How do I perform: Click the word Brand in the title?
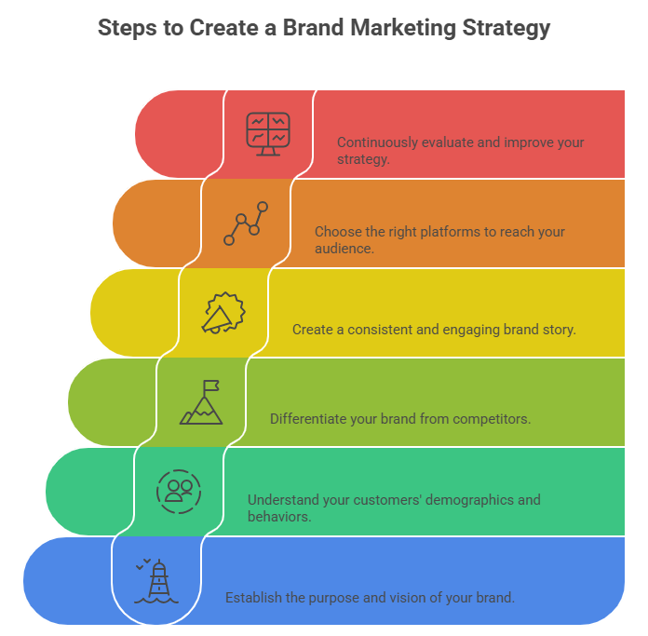click(311, 28)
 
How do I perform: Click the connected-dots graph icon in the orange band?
click(246, 223)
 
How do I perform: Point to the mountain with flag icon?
click(202, 403)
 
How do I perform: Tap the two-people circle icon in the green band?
click(179, 491)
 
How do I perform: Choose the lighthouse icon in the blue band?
click(156, 581)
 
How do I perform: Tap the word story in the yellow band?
click(559, 330)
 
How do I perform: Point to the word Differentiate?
click(309, 419)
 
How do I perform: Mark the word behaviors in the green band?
click(277, 516)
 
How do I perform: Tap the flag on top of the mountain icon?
click(211, 386)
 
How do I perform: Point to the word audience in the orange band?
click(343, 249)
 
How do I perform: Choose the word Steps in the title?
click(128, 28)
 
